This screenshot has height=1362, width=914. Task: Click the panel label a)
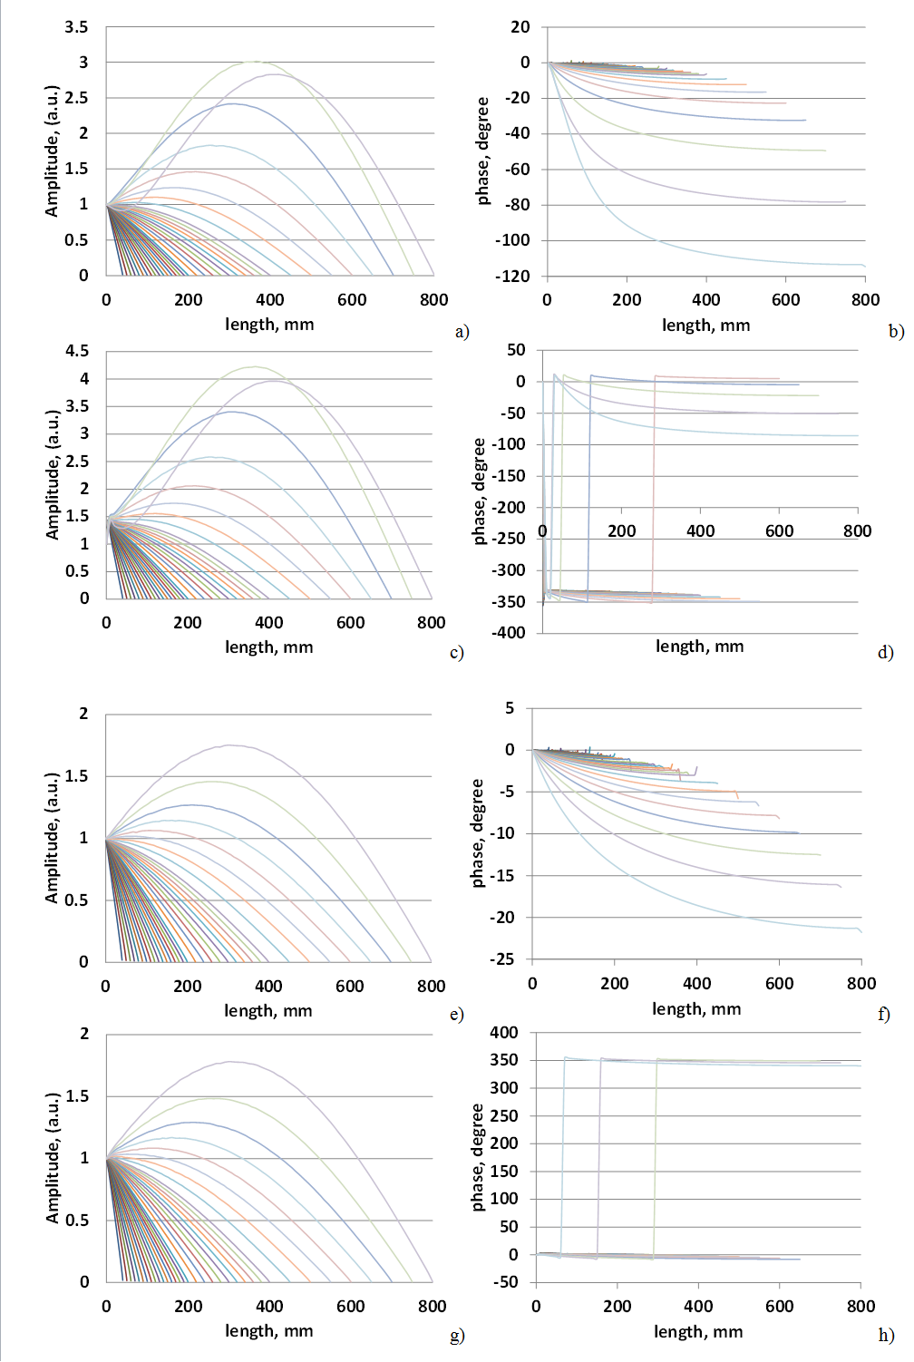pyautogui.click(x=462, y=332)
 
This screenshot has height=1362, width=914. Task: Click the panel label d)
pyautogui.click(x=885, y=653)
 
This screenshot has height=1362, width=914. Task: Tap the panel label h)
pyautogui.click(x=885, y=1335)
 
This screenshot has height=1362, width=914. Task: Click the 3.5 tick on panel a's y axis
pyautogui.click(x=77, y=27)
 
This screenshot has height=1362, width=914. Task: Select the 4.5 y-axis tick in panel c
pyautogui.click(x=78, y=351)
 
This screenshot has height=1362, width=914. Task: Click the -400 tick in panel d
pyautogui.click(x=509, y=633)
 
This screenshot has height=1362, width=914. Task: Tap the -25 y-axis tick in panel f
pyautogui.click(x=502, y=959)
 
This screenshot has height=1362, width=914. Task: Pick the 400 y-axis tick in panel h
pyautogui.click(x=504, y=1033)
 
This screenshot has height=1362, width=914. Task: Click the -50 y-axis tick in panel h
pyautogui.click(x=507, y=1282)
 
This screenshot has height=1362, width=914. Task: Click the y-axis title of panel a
pyautogui.click(x=52, y=151)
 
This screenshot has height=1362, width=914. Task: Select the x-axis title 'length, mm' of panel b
pyautogui.click(x=705, y=325)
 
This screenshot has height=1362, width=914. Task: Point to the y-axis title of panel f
pyautogui.click(x=479, y=833)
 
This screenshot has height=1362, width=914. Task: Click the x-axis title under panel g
pyautogui.click(x=268, y=1331)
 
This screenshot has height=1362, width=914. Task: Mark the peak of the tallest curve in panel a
pyautogui.click(x=254, y=62)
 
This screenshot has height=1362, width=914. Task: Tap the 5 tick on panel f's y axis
pyautogui.click(x=510, y=708)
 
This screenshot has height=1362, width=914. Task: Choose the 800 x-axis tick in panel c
pyautogui.click(x=431, y=623)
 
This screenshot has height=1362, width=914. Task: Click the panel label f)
pyautogui.click(x=883, y=1015)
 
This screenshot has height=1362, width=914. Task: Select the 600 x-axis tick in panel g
pyautogui.click(x=350, y=1307)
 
